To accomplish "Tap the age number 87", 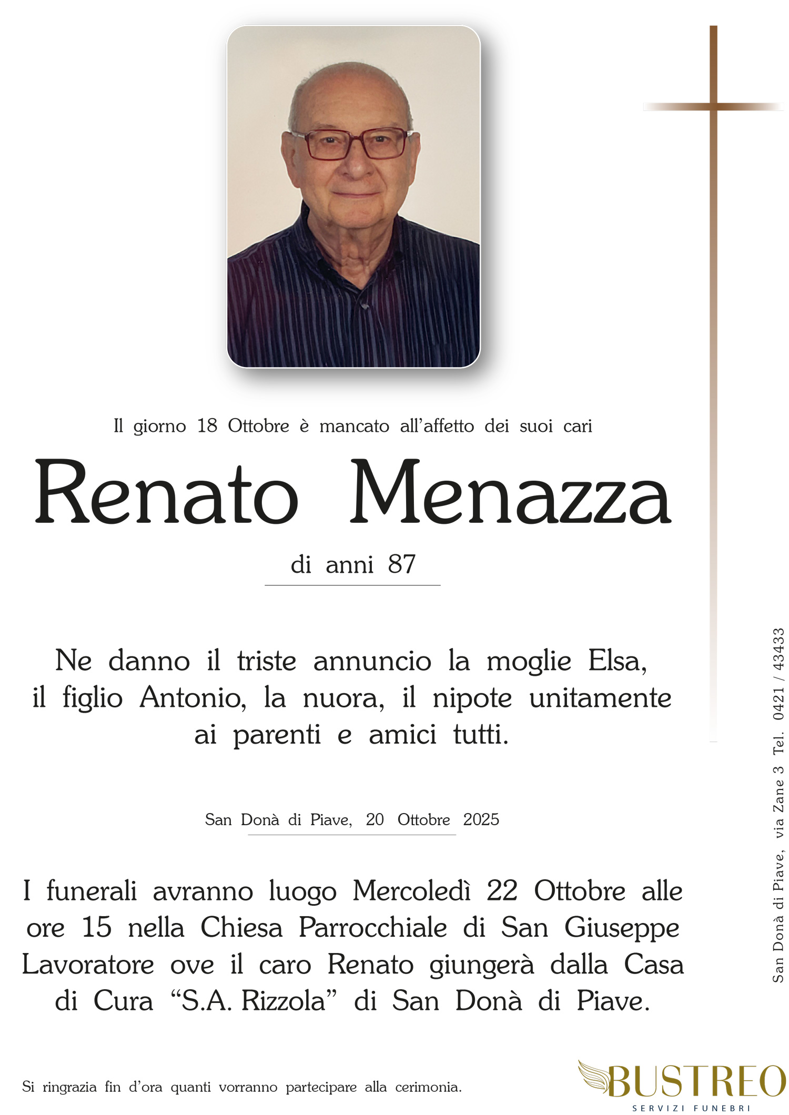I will tap(402, 565).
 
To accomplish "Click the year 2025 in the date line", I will tap(481, 819).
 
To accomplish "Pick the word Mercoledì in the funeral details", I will tap(411, 891).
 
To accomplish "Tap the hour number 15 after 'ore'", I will tap(97, 928).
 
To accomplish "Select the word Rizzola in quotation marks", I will tap(284, 1001).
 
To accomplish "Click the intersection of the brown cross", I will tap(713, 107).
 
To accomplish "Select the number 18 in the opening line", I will tap(207, 425).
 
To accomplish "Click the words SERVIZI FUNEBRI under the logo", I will tap(691, 1108).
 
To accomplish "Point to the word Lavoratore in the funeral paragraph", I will tap(88, 965).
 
